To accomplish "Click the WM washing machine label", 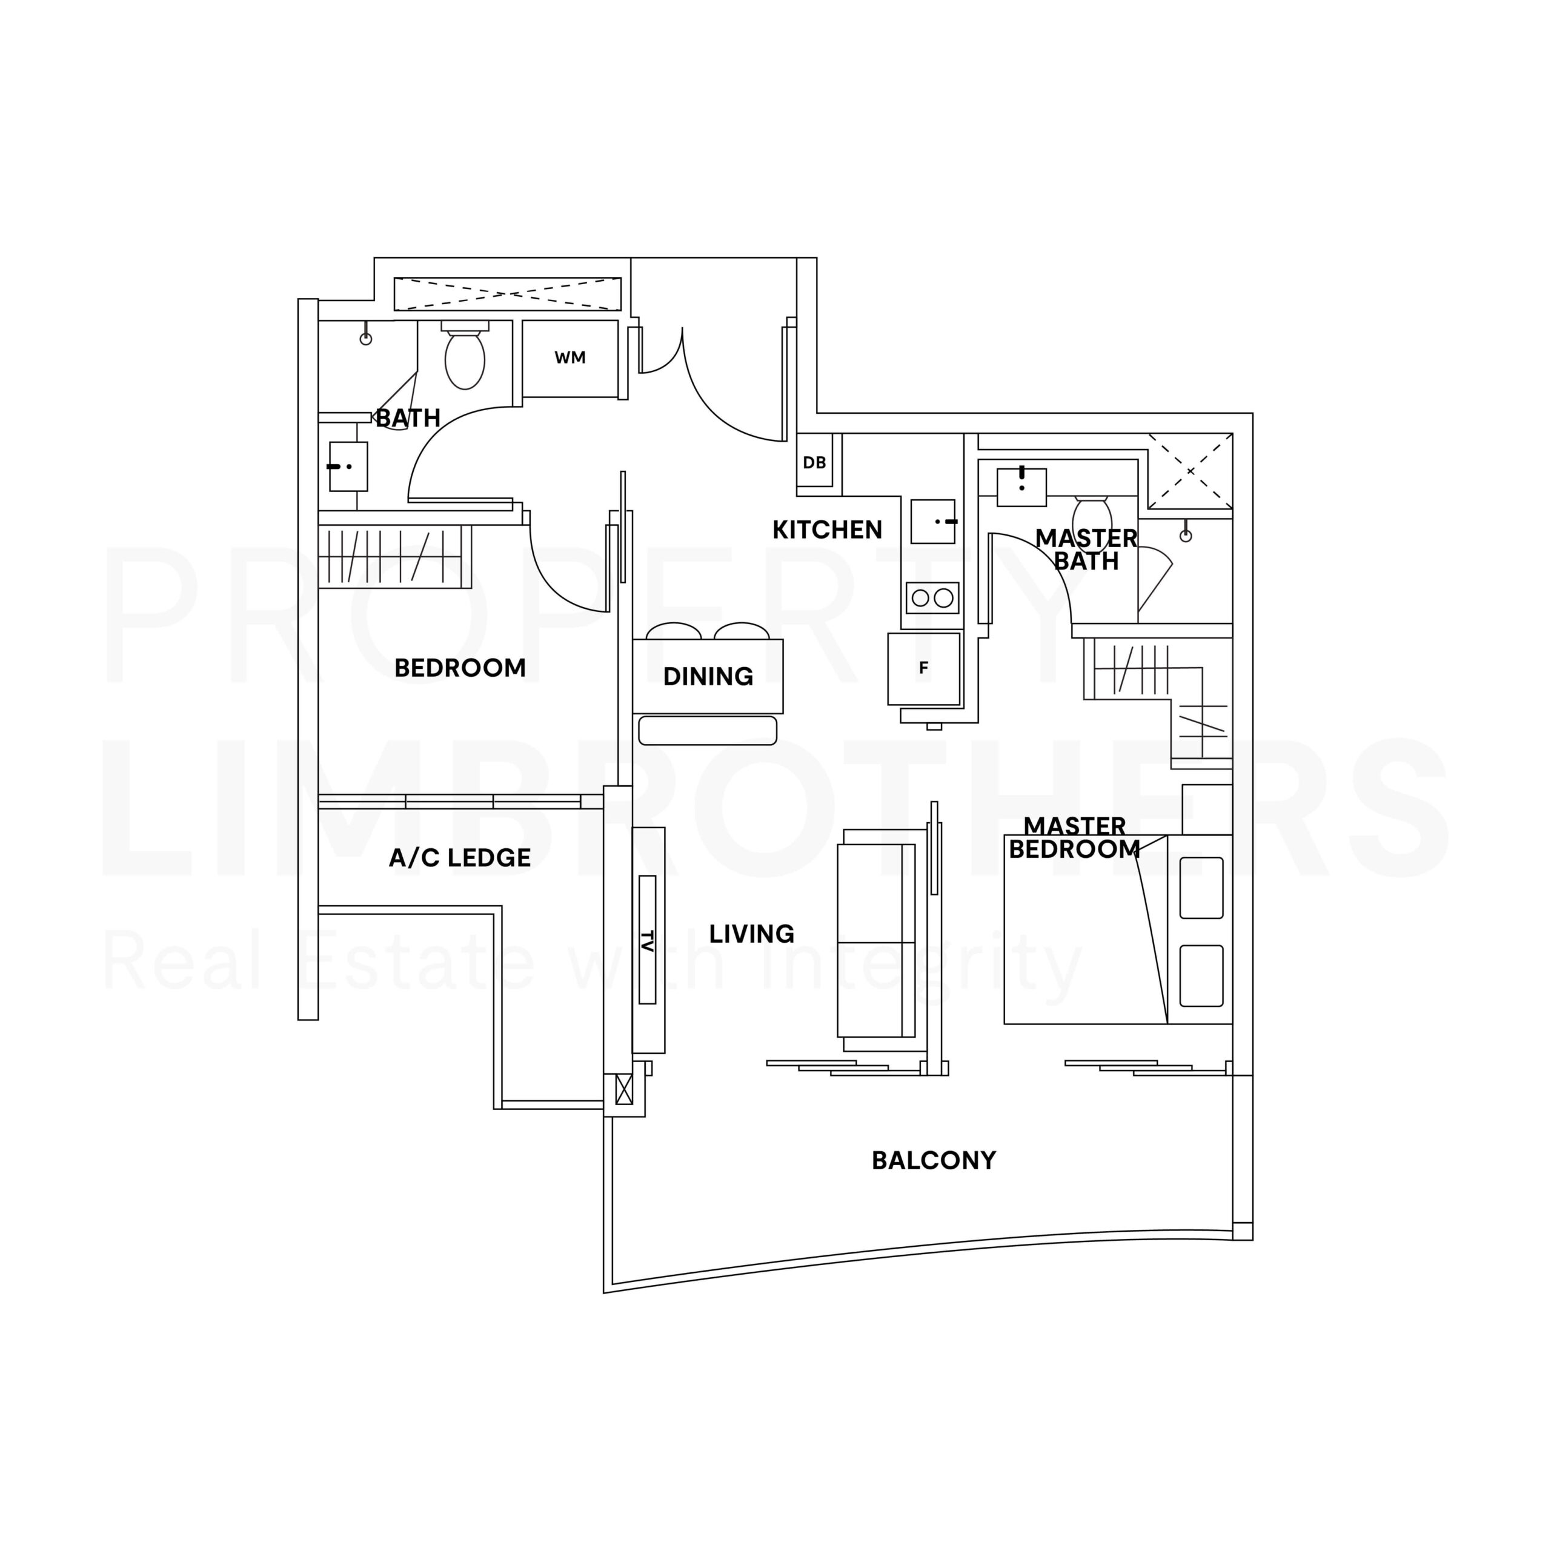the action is click(570, 358).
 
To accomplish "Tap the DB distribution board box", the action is click(815, 462).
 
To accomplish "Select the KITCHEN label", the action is click(827, 530).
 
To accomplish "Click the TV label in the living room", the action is click(648, 939).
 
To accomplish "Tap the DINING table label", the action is click(708, 677).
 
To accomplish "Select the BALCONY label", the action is click(934, 1160).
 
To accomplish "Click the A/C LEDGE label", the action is click(460, 858).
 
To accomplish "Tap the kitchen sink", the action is click(933, 521).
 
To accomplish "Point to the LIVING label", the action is click(751, 934).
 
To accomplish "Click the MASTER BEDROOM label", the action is click(1074, 837).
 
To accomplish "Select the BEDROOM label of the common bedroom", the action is click(460, 668).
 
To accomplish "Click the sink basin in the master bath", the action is click(1021, 487).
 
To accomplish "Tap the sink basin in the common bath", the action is click(348, 467).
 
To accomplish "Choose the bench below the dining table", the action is click(707, 731).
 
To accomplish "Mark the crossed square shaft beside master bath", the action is click(1190, 471).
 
